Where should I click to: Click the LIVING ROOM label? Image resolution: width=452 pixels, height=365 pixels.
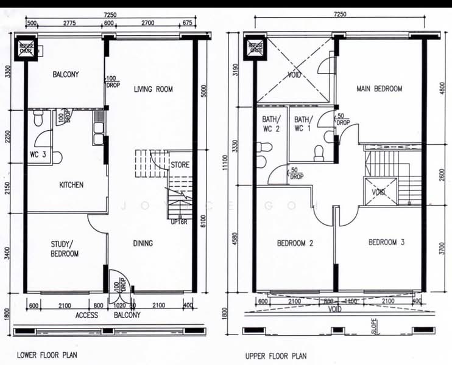click(154, 89)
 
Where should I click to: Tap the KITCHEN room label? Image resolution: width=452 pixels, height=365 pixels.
click(71, 185)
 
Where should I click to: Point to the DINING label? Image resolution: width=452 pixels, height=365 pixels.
click(143, 244)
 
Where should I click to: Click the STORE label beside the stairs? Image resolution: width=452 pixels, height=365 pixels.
click(180, 165)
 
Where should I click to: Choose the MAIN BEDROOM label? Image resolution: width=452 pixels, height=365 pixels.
click(379, 89)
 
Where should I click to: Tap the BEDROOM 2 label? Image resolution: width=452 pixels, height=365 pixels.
click(295, 243)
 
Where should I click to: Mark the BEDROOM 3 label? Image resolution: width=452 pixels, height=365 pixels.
click(386, 242)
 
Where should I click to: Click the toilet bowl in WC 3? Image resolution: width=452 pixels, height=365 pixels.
click(57, 158)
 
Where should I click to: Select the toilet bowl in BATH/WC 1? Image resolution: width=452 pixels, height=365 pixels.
click(319, 153)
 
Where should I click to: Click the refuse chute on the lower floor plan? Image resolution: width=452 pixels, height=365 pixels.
click(27, 49)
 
